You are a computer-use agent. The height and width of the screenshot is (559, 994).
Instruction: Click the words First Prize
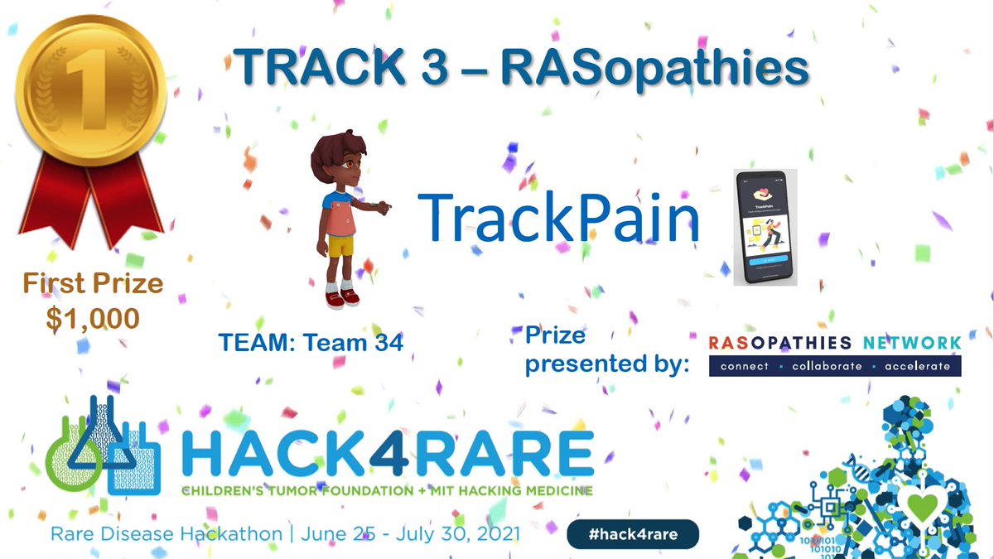tap(93, 284)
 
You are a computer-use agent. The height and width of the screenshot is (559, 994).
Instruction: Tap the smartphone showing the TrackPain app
tap(765, 227)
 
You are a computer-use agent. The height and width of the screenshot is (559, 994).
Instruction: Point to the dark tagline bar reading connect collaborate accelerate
tap(835, 366)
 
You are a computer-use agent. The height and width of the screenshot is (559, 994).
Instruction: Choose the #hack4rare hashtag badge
tap(633, 534)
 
